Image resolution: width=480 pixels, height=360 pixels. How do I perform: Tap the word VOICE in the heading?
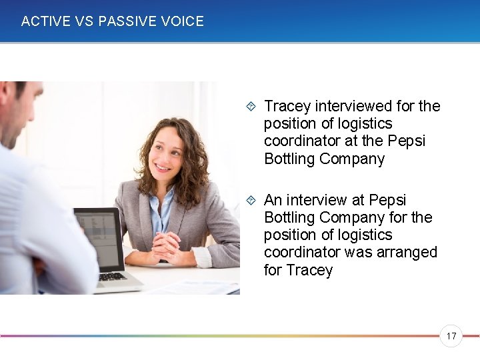pos(181,21)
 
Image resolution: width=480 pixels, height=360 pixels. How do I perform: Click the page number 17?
pos(451,336)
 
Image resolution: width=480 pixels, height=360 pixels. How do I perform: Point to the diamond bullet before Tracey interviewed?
pos(250,107)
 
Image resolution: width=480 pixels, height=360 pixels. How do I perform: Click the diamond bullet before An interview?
pos(250,201)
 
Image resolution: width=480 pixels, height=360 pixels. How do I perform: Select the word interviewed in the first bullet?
pos(353,107)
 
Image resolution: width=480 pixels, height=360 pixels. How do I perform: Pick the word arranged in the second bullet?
pos(407,253)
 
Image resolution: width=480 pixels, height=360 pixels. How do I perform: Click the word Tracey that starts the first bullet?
pos(287,107)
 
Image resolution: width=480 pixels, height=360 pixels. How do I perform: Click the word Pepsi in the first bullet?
pos(407,141)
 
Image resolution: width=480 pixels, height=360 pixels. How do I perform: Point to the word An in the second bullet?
pos(273,201)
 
